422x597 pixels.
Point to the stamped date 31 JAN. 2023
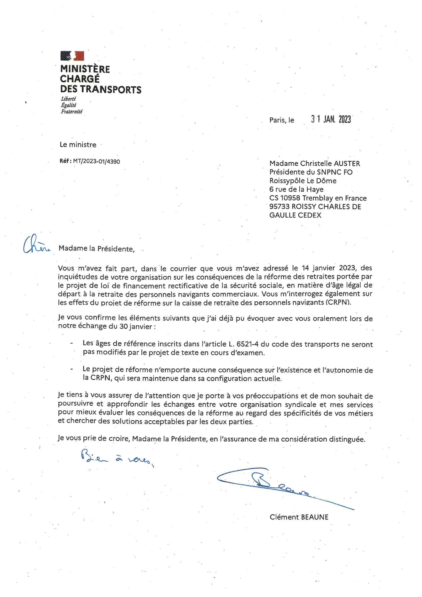(x=331, y=119)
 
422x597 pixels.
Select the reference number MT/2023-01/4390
(x=97, y=162)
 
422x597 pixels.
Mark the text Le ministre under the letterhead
(x=78, y=145)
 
